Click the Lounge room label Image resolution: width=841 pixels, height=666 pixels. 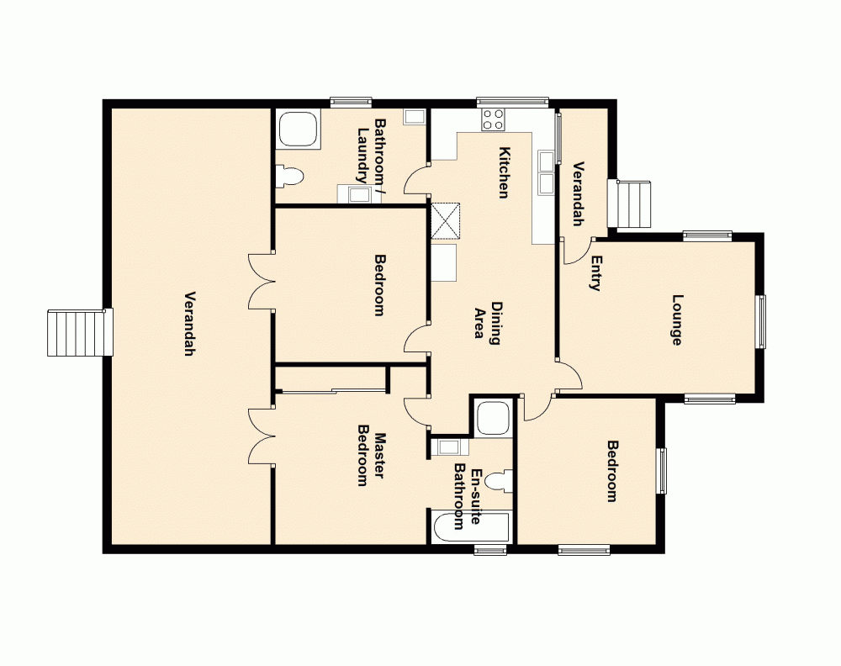(676, 320)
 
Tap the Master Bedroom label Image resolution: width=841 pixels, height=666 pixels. (372, 459)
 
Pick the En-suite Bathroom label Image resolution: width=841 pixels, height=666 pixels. (468, 496)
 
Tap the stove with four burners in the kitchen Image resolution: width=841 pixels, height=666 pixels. (493, 119)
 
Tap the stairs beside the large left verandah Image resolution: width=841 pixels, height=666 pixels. (78, 332)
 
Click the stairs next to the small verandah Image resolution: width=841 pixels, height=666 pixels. (634, 204)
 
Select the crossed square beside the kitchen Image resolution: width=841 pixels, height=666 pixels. (446, 221)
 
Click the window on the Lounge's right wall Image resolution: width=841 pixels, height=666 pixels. (761, 320)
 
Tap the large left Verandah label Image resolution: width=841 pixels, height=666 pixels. (189, 324)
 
